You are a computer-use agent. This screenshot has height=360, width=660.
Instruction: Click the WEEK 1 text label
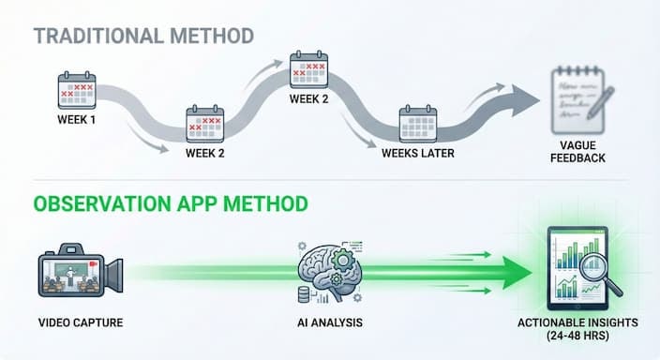75,121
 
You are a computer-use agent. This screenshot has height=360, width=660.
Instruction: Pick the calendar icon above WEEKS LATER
418,124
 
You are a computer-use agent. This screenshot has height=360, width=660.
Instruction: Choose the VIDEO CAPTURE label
79,323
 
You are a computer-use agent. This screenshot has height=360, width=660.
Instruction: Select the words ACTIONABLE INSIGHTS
578,323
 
